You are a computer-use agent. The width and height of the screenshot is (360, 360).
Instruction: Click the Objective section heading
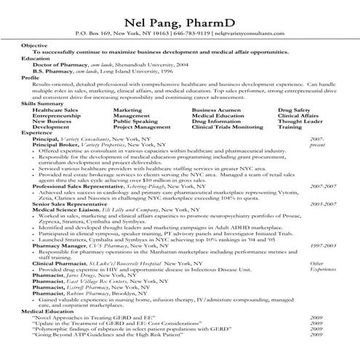tap(34, 45)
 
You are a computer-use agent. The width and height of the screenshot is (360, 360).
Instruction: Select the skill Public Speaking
tap(134, 121)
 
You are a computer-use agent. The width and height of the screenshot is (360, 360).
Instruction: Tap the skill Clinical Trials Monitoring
tap(227, 127)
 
